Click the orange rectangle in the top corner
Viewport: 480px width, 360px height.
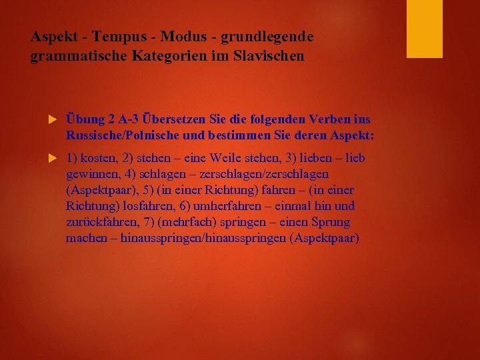[x=425, y=29]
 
